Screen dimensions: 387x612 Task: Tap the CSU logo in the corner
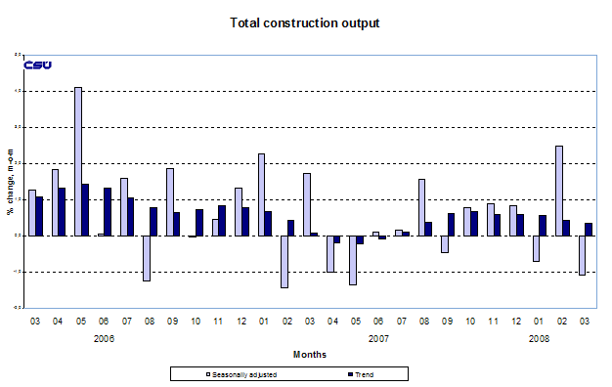click(36, 65)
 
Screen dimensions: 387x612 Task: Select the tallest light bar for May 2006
click(78, 161)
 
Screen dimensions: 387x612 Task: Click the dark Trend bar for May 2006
click(86, 209)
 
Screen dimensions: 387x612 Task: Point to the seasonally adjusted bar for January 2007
click(261, 194)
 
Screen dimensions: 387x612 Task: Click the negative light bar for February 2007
click(284, 261)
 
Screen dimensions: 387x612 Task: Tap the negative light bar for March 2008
click(582, 255)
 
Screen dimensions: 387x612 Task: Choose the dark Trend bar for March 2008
click(590, 229)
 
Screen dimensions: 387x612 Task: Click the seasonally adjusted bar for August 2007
click(421, 207)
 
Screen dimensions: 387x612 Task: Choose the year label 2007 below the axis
click(375, 338)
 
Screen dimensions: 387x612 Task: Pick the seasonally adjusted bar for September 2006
click(170, 201)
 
